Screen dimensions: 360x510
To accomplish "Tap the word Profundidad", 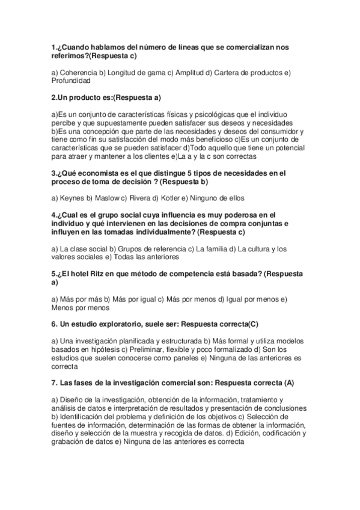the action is [x=71, y=81].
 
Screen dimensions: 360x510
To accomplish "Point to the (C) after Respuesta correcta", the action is [x=252, y=324].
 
